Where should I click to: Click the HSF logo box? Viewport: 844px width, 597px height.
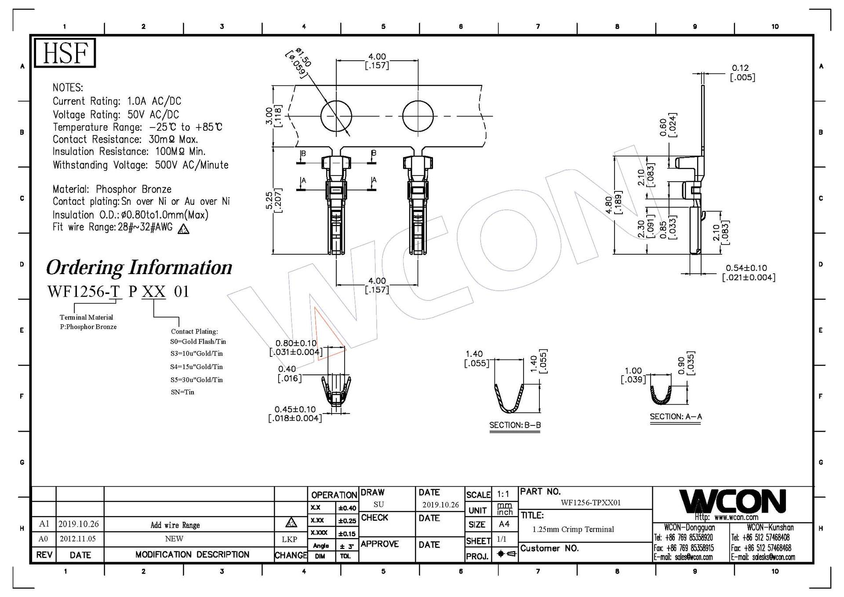65,53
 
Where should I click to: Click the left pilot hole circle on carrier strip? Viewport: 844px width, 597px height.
336,116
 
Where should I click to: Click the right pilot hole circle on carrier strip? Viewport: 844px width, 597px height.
418,116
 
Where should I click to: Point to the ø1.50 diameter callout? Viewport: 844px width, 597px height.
299,62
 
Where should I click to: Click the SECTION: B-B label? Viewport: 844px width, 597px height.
515,425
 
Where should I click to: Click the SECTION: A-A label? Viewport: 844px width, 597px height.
676,416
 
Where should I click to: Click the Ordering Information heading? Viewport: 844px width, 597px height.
139,267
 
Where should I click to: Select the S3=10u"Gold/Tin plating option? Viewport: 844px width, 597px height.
196,353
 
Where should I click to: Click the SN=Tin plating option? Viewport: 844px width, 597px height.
182,392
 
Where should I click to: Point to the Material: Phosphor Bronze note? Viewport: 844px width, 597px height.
112,189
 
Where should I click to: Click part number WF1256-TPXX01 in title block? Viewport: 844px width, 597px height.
590,502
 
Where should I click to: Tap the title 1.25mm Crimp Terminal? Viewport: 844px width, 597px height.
573,529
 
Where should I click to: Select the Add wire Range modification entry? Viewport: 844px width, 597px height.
175,525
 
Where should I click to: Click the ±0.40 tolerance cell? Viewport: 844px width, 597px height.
347,508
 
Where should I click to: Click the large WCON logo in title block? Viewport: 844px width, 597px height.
732,502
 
